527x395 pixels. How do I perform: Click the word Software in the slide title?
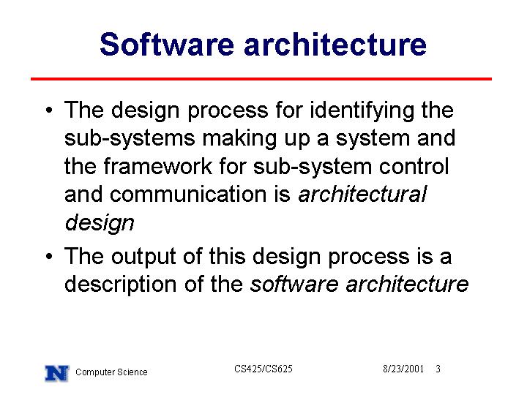point(167,44)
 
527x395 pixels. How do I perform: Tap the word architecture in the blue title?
point(335,44)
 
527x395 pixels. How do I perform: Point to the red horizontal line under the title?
point(261,79)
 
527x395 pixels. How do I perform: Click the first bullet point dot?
point(49,110)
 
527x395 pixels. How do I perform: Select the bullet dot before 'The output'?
point(49,256)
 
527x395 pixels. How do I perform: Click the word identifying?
point(362,111)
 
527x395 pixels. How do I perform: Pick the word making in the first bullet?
point(239,139)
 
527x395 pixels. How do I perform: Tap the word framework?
point(158,166)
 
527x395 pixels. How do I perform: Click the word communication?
point(200,194)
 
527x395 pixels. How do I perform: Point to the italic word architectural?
point(362,194)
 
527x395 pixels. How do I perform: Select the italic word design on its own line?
point(100,223)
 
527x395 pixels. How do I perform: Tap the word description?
point(120,285)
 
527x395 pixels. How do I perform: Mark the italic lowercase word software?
point(294,284)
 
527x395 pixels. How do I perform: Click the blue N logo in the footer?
point(57,373)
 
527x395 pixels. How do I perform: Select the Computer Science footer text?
point(111,372)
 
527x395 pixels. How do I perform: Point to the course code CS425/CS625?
point(263,369)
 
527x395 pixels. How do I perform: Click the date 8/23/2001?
point(403,369)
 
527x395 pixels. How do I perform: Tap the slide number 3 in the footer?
point(438,369)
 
